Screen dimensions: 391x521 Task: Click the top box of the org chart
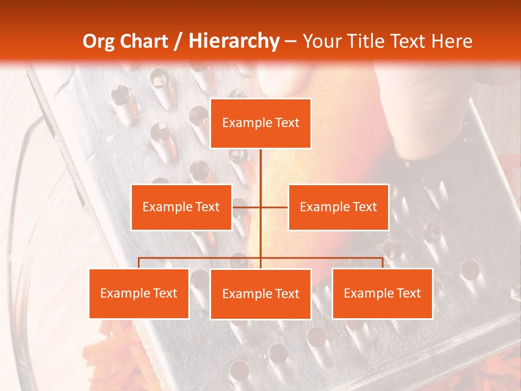click(x=260, y=123)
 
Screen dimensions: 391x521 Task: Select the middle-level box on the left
click(x=181, y=207)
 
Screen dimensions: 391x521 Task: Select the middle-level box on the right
click(x=338, y=207)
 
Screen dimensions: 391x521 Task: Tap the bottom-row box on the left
click(x=139, y=293)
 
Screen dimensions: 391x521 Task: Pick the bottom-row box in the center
click(x=260, y=294)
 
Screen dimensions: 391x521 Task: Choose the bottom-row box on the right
click(x=382, y=293)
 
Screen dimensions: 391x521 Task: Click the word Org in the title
click(x=99, y=41)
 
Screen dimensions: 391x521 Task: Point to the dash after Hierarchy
click(x=290, y=42)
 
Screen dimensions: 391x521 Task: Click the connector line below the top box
click(x=260, y=168)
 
